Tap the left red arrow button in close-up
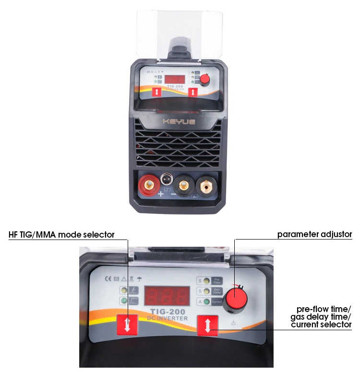[127, 324]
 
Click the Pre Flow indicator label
[217, 281]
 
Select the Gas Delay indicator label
[217, 291]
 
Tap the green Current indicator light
[206, 302]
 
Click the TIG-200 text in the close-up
[167, 312]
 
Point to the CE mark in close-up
[108, 279]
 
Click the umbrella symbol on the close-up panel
[139, 279]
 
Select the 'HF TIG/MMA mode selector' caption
[62, 235]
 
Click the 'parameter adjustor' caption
[314, 235]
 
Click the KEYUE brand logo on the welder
[178, 122]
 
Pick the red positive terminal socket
[147, 185]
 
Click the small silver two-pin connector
[166, 178]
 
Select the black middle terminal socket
[184, 185]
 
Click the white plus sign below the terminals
[161, 194]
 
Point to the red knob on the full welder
[205, 79]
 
